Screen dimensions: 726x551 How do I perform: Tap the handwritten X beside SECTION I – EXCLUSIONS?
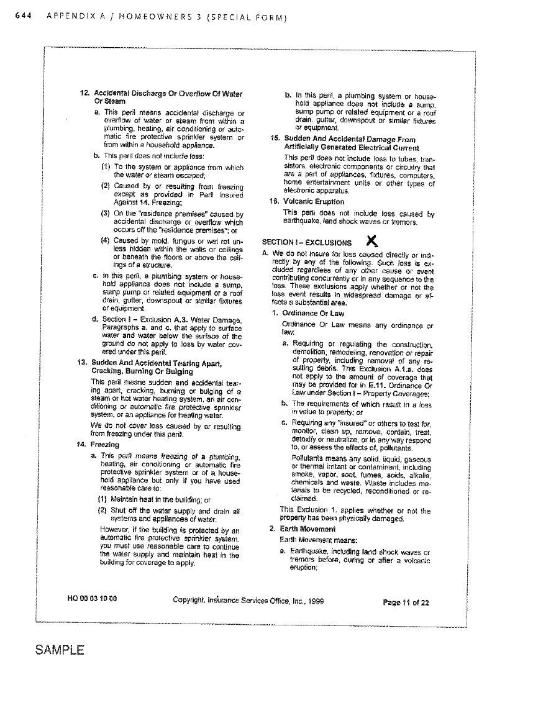371,240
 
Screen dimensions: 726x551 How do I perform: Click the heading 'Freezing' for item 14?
104,445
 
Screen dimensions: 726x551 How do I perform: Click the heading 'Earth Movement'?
308,529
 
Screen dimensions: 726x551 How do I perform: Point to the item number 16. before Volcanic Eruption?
273,201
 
